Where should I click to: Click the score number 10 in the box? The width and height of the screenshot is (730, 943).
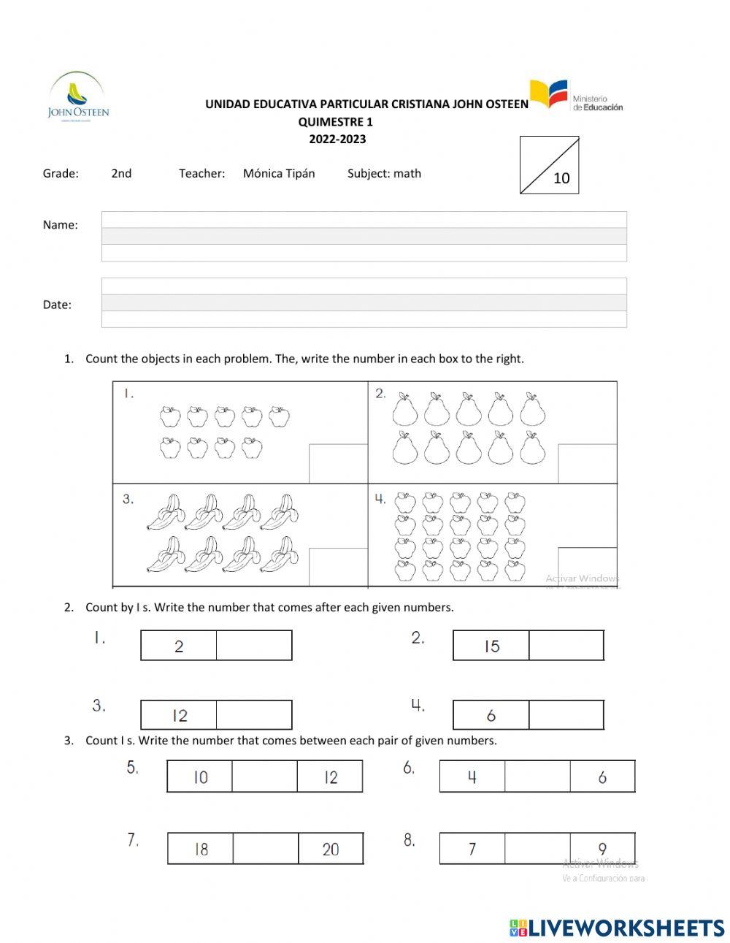tap(561, 178)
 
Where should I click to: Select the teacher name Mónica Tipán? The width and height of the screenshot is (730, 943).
tap(279, 174)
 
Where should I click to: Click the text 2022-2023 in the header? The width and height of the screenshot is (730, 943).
tap(337, 139)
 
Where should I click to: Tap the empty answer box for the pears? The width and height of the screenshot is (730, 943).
tap(587, 463)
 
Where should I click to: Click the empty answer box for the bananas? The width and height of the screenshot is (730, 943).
tap(338, 567)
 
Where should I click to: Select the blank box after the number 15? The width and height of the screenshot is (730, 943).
tap(566, 646)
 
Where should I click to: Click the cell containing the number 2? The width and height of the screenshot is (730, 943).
tap(179, 646)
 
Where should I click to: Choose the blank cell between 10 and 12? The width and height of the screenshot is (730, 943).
tap(264, 776)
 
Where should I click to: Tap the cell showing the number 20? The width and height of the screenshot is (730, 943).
tap(331, 849)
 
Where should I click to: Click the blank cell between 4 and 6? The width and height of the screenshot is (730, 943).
tap(537, 776)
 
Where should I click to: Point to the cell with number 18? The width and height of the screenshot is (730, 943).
tap(201, 849)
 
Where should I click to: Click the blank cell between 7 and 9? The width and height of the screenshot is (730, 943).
tap(537, 849)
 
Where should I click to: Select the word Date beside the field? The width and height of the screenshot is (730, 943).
tap(57, 305)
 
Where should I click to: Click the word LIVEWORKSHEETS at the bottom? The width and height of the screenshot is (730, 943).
tap(626, 928)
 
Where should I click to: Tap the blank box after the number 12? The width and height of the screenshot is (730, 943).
tap(254, 715)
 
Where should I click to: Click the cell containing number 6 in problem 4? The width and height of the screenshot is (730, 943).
tap(491, 715)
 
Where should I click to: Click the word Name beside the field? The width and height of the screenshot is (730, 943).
tap(60, 225)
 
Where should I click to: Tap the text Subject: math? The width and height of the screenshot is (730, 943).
tap(384, 174)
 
